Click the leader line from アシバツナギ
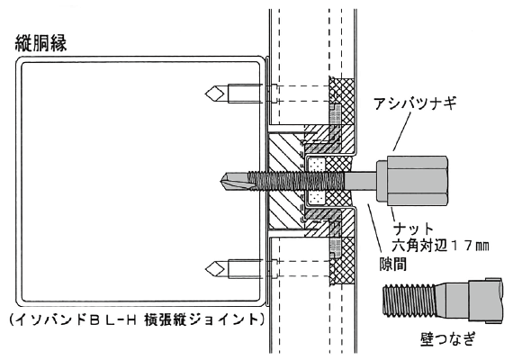411,130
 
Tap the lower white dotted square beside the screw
316,196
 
